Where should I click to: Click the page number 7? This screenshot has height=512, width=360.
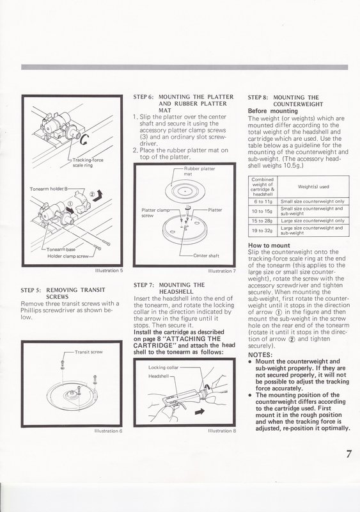coord(349,454)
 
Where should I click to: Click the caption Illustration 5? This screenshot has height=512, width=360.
coord(109,270)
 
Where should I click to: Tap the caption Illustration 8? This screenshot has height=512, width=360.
coord(222,431)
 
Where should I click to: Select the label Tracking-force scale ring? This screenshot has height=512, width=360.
coord(88,163)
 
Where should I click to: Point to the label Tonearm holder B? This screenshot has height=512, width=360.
coord(49,189)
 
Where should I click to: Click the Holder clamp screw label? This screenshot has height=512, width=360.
coord(68,257)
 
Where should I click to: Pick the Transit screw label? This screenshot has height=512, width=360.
coord(88,352)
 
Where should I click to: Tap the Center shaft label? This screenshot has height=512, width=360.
coord(206,255)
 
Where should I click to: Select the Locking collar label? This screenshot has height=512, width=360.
coord(163,367)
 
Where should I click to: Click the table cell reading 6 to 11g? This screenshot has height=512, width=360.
coord(263,202)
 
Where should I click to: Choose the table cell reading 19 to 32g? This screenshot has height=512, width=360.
coord(263,230)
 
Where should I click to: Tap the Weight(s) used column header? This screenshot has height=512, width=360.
coord(313,187)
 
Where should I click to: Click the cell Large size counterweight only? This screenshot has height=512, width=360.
coord(312,221)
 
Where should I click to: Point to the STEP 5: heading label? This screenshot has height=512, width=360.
coord(30,290)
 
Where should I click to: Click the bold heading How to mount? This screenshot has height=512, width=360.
coord(269,245)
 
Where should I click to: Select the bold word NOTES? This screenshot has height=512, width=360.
coord(260,355)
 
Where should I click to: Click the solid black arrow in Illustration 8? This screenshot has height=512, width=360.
coord(200,412)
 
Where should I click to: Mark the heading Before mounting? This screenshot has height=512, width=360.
coord(273,111)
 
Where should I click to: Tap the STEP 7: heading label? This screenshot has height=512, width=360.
coord(144,285)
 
